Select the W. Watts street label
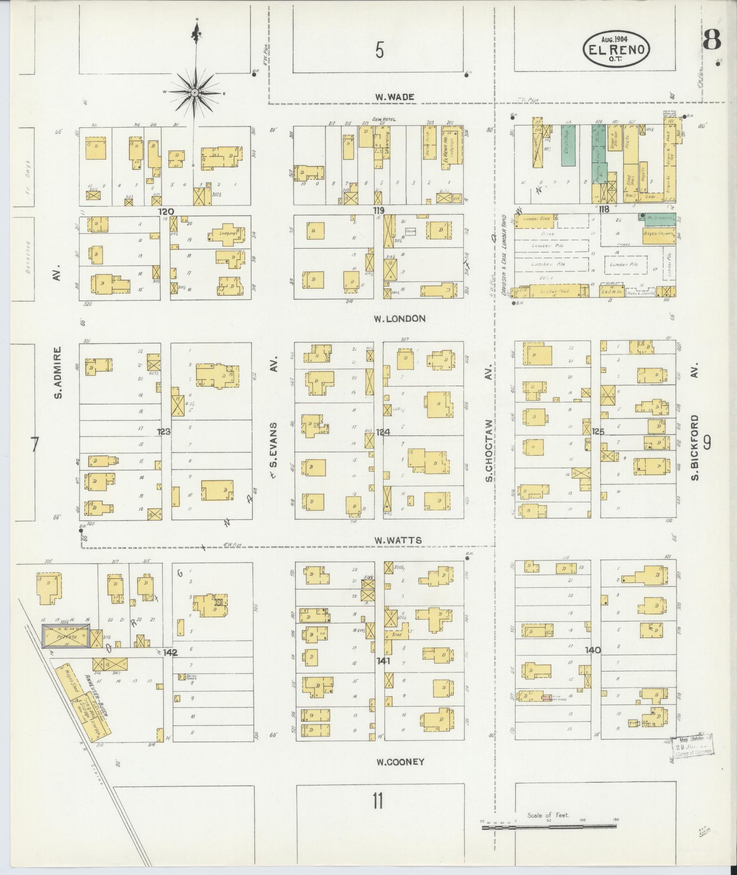(x=398, y=541)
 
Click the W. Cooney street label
(x=400, y=762)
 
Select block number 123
(x=164, y=431)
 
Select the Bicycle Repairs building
(x=658, y=233)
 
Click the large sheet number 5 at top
(x=379, y=50)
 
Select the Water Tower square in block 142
(x=182, y=676)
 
